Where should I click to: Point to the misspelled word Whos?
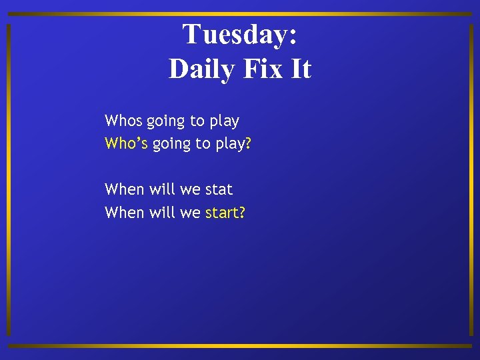click(x=123, y=121)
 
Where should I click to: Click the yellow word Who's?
click(x=126, y=144)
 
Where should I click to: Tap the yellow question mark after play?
click(x=248, y=144)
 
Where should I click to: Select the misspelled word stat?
click(x=219, y=189)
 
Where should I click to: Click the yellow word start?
click(x=223, y=213)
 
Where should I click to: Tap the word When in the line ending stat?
click(x=124, y=189)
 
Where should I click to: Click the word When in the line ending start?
click(x=124, y=213)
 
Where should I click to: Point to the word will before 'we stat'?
click(x=162, y=189)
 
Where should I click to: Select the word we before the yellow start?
click(x=190, y=213)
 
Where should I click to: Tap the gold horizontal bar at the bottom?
click(x=240, y=346)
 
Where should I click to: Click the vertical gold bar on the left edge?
click(x=8, y=180)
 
